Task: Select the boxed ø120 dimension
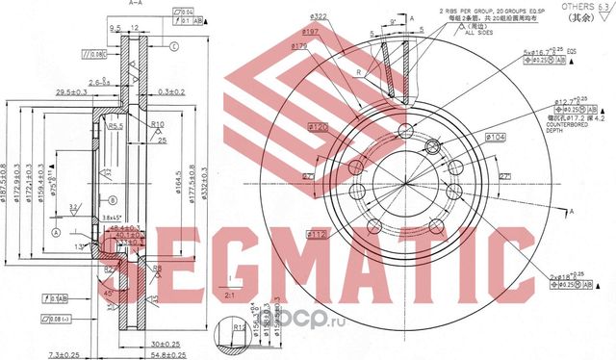pyautogui.click(x=317, y=126)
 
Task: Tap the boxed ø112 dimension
pyautogui.click(x=317, y=233)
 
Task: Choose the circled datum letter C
pyautogui.click(x=174, y=46)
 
